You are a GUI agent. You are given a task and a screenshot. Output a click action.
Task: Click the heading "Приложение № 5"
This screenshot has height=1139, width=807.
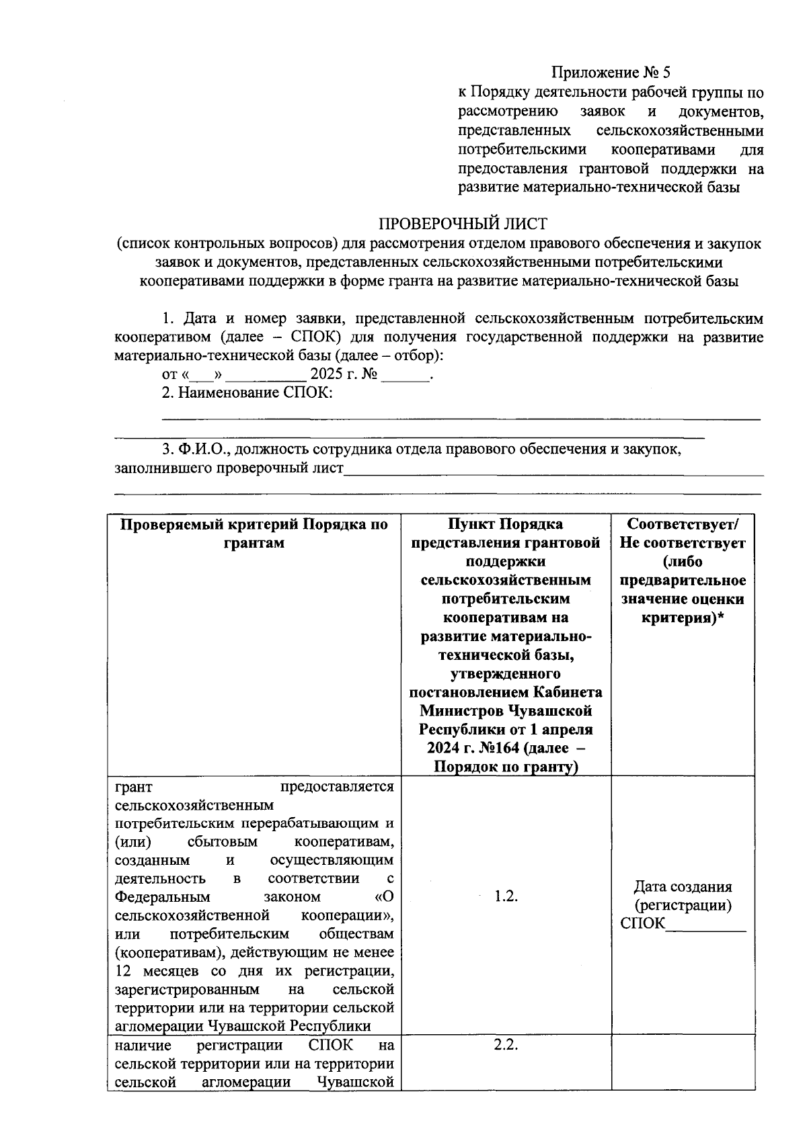[611, 72]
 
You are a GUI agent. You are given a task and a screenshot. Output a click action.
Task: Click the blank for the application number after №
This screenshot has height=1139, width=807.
[405, 375]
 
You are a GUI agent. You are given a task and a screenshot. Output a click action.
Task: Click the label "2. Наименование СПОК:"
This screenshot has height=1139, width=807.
[247, 392]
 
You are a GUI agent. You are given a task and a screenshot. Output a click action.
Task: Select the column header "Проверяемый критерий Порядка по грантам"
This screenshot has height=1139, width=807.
[254, 533]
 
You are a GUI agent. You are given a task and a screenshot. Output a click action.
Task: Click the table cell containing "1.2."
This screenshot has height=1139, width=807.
[505, 896]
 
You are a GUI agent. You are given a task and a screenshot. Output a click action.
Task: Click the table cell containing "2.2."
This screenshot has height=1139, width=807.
[505, 1046]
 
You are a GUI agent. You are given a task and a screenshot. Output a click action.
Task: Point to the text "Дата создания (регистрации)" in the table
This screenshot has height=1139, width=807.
[683, 896]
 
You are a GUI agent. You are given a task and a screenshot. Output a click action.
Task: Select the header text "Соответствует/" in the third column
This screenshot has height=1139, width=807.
[683, 523]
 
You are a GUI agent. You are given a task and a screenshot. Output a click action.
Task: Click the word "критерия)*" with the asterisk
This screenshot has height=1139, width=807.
[683, 617]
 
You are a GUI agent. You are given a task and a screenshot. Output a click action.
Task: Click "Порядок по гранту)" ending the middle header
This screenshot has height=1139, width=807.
[506, 767]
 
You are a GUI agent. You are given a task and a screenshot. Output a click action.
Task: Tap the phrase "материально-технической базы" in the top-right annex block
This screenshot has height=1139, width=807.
[636, 187]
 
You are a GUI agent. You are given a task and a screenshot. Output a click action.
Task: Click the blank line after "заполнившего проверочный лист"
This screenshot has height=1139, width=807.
[553, 468]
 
